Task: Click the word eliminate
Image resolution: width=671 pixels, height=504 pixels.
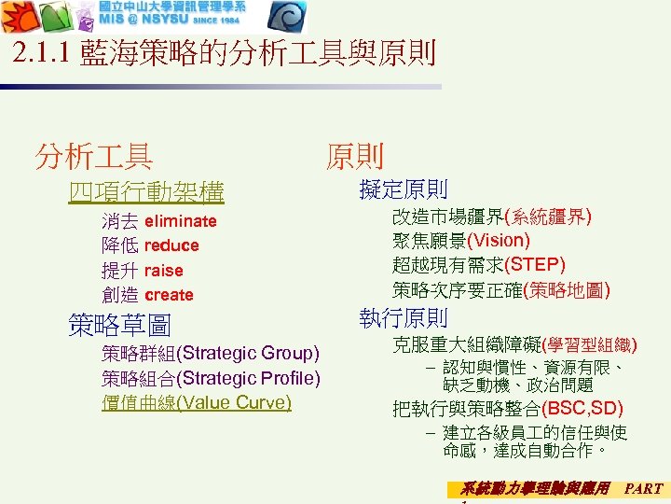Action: [181, 221]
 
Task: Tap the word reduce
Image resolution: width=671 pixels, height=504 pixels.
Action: [171, 245]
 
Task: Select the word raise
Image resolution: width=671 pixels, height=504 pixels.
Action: [164, 271]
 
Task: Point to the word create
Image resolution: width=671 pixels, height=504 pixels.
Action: [169, 295]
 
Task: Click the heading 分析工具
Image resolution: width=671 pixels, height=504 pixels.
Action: [93, 155]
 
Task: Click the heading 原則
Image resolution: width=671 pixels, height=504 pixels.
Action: [354, 155]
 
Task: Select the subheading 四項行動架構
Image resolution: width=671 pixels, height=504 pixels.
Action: [146, 192]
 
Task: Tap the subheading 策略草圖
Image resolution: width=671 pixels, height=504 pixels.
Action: [120, 325]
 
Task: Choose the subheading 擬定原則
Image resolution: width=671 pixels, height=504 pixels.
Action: [403, 189]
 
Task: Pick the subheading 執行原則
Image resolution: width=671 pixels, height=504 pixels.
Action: [403, 317]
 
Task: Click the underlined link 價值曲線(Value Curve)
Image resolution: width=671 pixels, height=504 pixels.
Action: [197, 402]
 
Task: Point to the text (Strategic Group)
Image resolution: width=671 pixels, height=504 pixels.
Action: [248, 353]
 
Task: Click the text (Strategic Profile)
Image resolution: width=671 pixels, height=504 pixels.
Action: [248, 378]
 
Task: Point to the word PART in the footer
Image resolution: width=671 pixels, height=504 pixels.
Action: [643, 488]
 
